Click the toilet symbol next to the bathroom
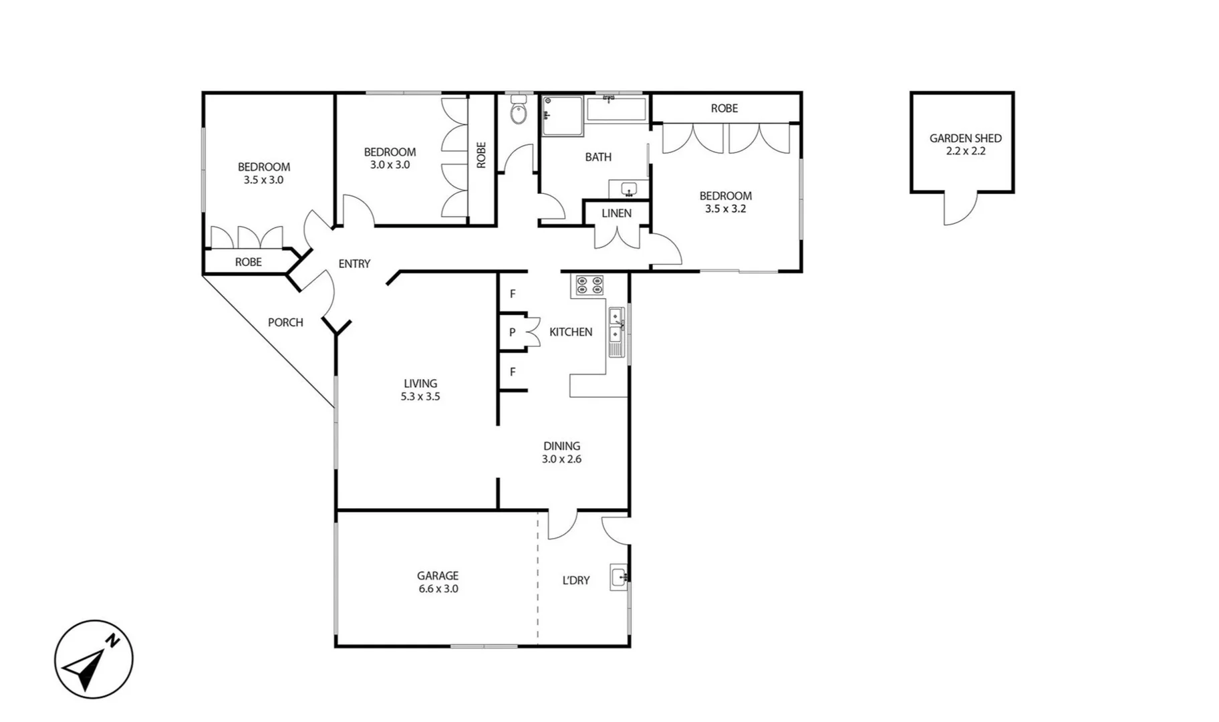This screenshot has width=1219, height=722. pos(519,111)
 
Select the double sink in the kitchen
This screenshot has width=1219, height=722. pos(616,332)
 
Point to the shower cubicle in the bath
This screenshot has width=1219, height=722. pos(561,116)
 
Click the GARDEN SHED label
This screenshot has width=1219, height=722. pos(965,138)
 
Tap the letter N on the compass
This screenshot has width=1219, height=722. pos(114,640)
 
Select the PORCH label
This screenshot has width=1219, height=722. pos(285,322)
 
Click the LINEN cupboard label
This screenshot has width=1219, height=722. pos(616,213)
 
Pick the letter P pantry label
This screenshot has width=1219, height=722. pos(513,332)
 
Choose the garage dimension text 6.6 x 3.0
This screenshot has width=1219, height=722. pos(438,589)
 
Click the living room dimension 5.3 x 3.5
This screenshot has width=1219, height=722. pos(420,396)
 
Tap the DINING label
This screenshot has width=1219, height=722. pos(561,446)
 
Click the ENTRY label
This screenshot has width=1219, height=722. pos(354,264)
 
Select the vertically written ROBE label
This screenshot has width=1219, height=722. pos(481,155)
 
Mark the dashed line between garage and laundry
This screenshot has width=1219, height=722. pos(538,578)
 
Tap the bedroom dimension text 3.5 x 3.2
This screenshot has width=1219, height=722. pos(725,209)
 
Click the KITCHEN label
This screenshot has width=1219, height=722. pos(571,332)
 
